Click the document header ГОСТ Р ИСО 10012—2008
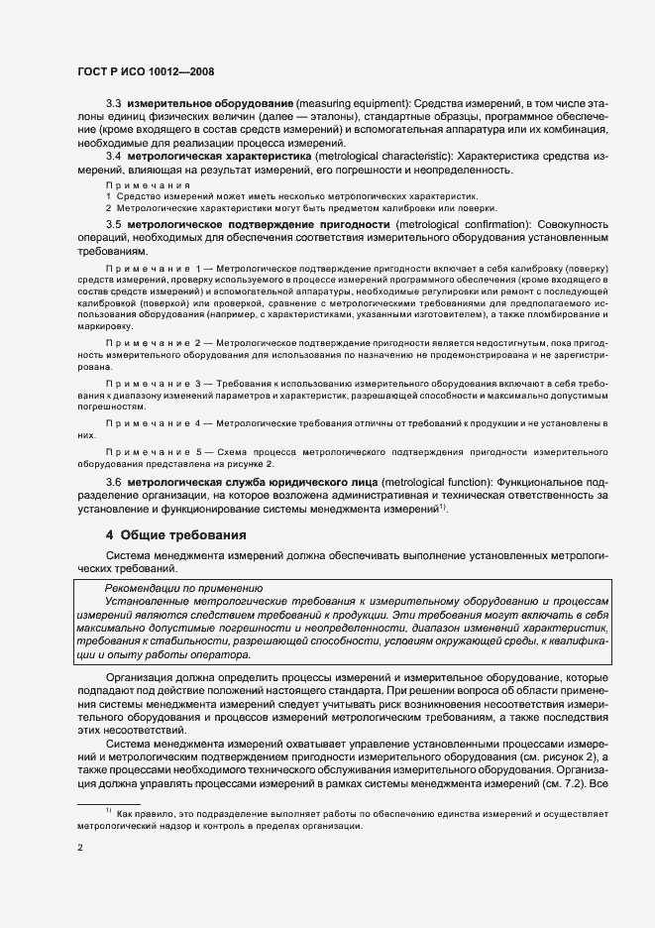146,72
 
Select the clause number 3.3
114,104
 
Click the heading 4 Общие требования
175,535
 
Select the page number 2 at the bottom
80,849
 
